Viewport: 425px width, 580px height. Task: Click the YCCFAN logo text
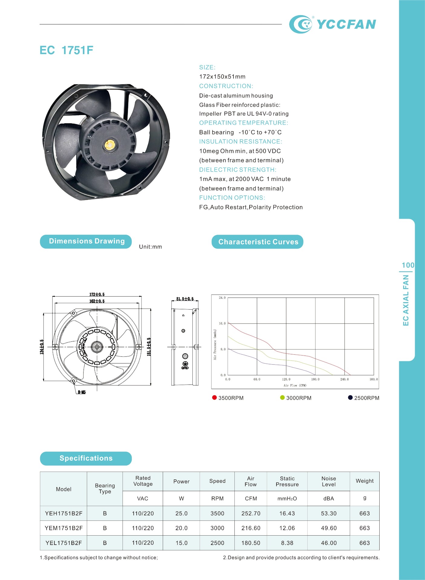[346, 24]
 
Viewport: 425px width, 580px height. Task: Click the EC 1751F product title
[66, 50]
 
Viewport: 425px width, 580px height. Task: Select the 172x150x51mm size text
[222, 77]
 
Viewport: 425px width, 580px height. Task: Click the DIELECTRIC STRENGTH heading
[238, 170]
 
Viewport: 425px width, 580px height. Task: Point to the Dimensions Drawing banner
[86, 241]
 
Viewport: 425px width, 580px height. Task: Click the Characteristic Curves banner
[257, 242]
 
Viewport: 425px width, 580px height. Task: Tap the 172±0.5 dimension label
[97, 295]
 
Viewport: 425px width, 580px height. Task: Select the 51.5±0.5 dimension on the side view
[185, 299]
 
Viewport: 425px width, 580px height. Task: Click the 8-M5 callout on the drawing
[82, 392]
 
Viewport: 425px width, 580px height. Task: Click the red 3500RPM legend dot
[214, 398]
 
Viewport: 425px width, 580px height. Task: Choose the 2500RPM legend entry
[364, 398]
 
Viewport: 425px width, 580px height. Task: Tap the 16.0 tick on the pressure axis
[222, 324]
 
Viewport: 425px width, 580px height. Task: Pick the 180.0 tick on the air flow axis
[315, 379]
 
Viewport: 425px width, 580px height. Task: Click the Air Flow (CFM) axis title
[295, 385]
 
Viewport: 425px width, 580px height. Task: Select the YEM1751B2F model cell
[64, 528]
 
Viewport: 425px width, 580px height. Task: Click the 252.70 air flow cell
[251, 514]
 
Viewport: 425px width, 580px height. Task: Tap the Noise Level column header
[329, 482]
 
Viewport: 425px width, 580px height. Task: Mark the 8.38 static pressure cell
[287, 543]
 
